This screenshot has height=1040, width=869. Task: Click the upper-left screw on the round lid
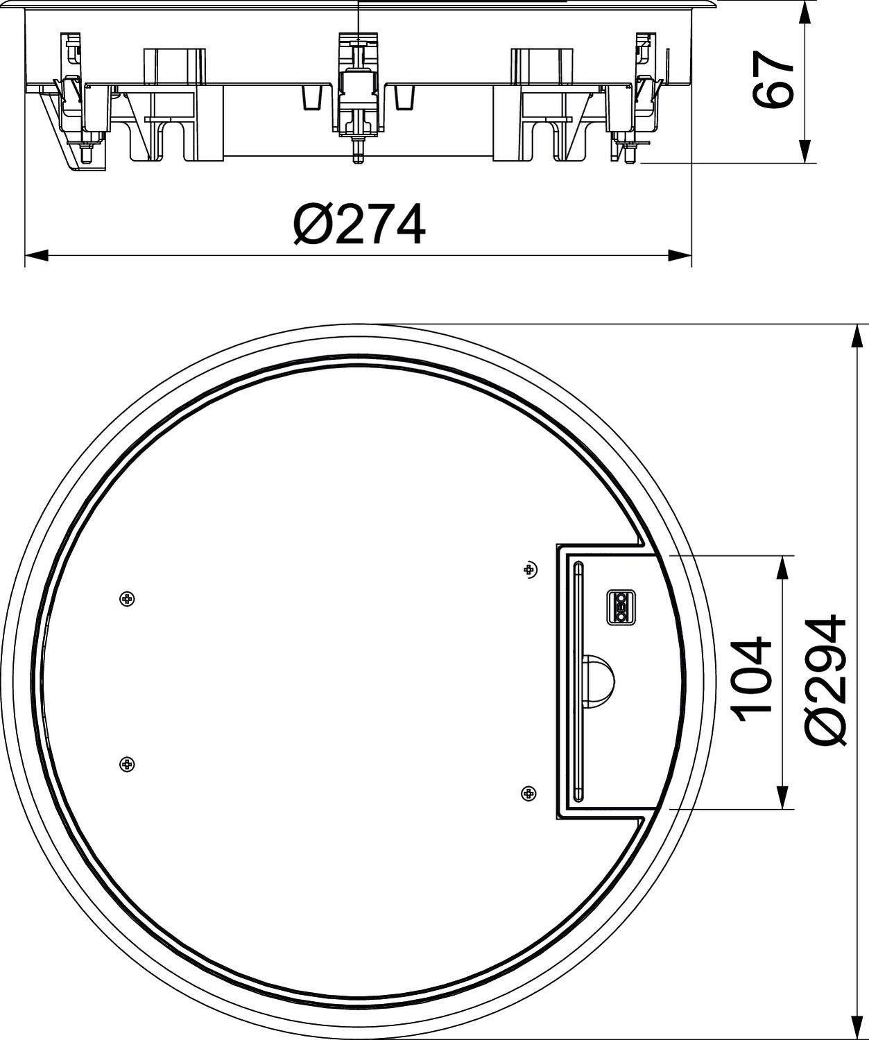tap(127, 599)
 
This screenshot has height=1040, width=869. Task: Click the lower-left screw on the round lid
tap(127, 763)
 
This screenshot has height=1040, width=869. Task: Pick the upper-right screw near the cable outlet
tap(530, 569)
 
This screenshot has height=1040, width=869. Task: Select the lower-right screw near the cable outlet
tap(528, 792)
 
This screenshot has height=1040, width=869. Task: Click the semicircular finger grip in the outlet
tap(601, 679)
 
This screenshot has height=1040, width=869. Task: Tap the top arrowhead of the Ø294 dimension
tap(852, 336)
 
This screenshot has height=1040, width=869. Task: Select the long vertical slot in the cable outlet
tap(578, 679)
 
